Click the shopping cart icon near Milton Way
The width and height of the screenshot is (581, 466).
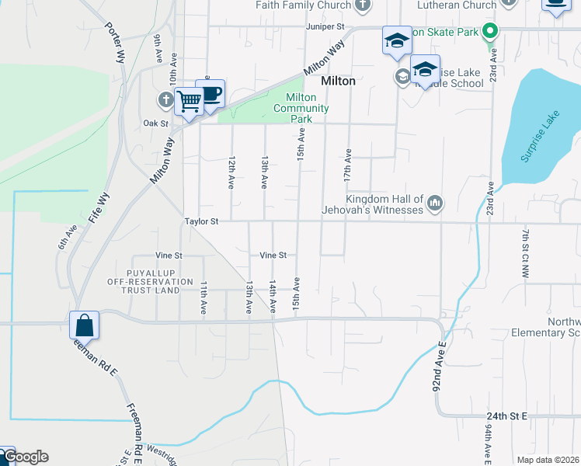pyautogui.click(x=189, y=101)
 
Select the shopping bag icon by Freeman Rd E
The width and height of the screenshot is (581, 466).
pyautogui.click(x=84, y=325)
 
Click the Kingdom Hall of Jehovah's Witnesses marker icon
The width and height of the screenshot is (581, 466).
pyautogui.click(x=434, y=204)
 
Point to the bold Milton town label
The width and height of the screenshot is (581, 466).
pyautogui.click(x=339, y=81)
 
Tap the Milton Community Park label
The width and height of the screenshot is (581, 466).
pyautogui.click(x=301, y=108)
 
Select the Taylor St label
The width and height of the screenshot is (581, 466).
pyautogui.click(x=201, y=221)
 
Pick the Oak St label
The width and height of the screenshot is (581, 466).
pyautogui.click(x=155, y=123)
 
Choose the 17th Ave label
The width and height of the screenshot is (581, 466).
pyautogui.click(x=348, y=165)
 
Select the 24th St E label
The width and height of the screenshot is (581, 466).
pyautogui.click(x=508, y=416)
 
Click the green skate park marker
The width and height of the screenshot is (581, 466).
pyautogui.click(x=489, y=32)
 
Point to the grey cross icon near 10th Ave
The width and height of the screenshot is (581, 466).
pyautogui.click(x=165, y=99)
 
